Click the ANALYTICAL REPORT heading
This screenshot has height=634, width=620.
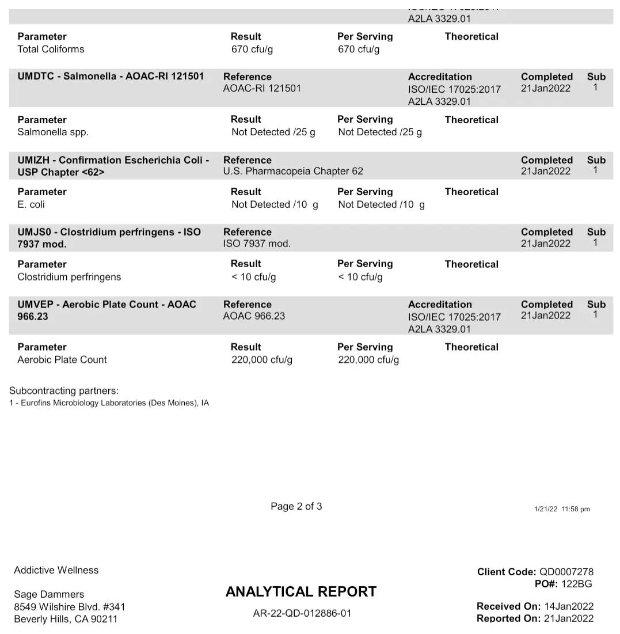(301, 591)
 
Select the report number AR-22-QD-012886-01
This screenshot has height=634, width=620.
(302, 613)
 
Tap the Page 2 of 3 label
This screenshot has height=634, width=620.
(296, 506)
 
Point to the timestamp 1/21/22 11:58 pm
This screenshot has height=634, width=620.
(561, 509)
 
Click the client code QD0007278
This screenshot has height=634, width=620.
(566, 572)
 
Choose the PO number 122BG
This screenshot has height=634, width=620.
(577, 584)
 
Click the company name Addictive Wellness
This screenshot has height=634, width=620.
(56, 570)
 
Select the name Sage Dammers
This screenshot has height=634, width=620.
(49, 594)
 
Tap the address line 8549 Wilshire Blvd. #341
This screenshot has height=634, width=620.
(70, 607)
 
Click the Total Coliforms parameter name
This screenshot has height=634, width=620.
(51, 49)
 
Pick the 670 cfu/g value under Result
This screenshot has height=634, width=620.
(252, 49)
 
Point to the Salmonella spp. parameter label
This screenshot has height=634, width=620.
(53, 132)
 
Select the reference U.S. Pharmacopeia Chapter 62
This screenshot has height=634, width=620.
(293, 171)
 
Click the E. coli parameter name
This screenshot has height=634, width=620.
(31, 204)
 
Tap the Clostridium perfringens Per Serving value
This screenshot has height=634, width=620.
(360, 277)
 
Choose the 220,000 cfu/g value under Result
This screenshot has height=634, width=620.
(262, 360)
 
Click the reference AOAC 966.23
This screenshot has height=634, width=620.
(254, 316)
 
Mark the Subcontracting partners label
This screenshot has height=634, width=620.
(64, 390)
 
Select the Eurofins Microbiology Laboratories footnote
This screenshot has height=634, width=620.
(109, 403)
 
